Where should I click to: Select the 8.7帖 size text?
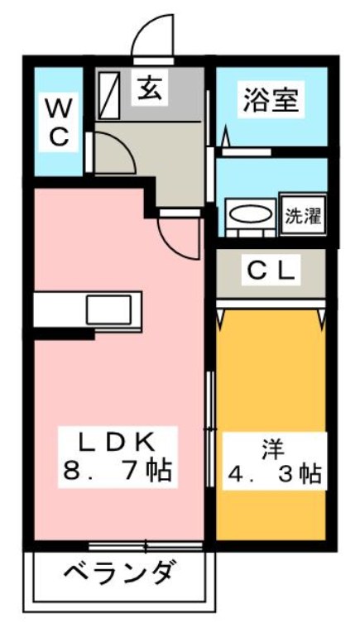tap(117, 472)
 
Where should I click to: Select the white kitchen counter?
tap(87, 311)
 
